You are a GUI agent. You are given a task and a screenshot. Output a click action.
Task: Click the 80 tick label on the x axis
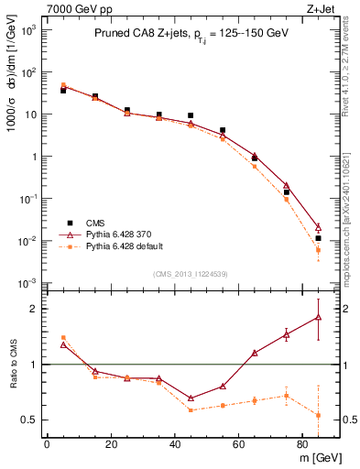pyautogui.click(x=302, y=446)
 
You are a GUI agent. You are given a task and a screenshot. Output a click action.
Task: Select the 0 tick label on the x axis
pyautogui.click(x=47, y=446)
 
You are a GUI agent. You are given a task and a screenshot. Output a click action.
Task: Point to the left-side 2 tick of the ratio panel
pyautogui.click(x=34, y=310)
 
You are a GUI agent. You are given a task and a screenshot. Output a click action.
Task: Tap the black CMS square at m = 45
pyautogui.click(x=191, y=115)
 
